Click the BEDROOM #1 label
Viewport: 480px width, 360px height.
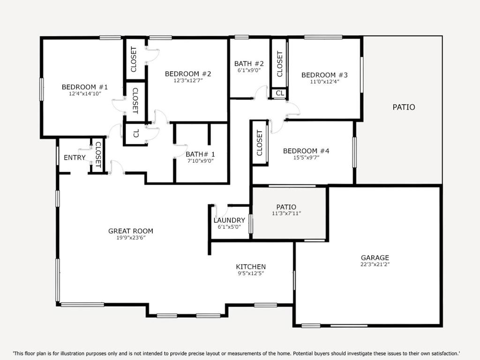pyautogui.click(x=85, y=87)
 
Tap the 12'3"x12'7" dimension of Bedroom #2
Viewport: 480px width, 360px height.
pyautogui.click(x=188, y=81)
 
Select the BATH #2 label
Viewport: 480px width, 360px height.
pyautogui.click(x=249, y=64)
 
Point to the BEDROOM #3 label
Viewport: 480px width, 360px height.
pyautogui.click(x=324, y=75)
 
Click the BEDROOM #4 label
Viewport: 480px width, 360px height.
pyautogui.click(x=306, y=151)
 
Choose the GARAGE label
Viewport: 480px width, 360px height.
pyautogui.click(x=375, y=258)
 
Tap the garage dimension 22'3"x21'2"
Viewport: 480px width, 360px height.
pyautogui.click(x=375, y=264)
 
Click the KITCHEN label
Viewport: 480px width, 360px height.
pyautogui.click(x=251, y=267)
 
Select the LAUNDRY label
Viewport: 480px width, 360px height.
pyautogui.click(x=229, y=220)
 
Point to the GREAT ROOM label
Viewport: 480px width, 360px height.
pyautogui.click(x=131, y=231)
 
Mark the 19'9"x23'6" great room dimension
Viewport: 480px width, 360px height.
pyautogui.click(x=131, y=238)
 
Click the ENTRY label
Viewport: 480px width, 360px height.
pyautogui.click(x=75, y=157)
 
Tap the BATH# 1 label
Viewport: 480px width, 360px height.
pyautogui.click(x=200, y=154)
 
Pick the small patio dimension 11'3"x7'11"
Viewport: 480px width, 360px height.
pyautogui.click(x=286, y=214)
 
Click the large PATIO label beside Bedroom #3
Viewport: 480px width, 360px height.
pyautogui.click(x=404, y=107)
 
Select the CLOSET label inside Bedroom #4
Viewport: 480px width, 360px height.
pyautogui.click(x=260, y=142)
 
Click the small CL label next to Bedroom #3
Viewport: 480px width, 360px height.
pyautogui.click(x=280, y=93)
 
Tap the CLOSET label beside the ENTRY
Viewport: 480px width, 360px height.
pyautogui.click(x=98, y=155)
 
